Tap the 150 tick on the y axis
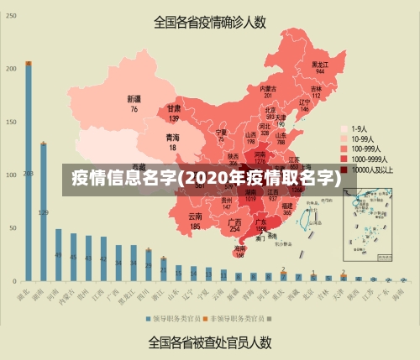[11, 122]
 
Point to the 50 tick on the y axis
[13, 227]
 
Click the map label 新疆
[134, 99]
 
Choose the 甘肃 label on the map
[174, 109]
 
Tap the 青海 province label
[172, 137]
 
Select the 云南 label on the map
[195, 217]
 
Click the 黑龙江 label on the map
[320, 64]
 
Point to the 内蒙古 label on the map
[268, 88]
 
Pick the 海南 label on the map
[240, 248]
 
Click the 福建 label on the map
[287, 205]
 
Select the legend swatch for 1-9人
[344, 129]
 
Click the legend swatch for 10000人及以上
[344, 170]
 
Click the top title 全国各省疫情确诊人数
[210, 23]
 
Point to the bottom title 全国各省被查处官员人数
[209, 342]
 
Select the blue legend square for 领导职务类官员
[150, 319]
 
